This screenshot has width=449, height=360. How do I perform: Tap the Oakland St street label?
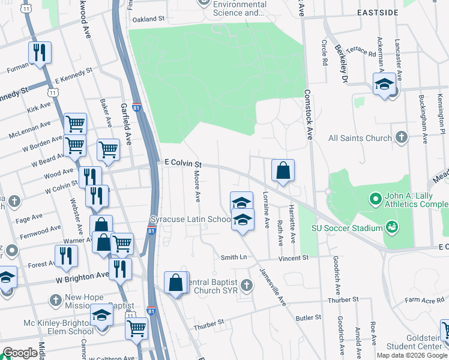click(x=148, y=19)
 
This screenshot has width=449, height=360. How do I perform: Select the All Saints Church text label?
click(x=360, y=138)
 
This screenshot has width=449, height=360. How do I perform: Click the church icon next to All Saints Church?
click(x=402, y=138)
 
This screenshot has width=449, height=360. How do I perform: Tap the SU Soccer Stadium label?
click(x=347, y=227)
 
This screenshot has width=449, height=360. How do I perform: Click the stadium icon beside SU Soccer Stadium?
click(x=392, y=227)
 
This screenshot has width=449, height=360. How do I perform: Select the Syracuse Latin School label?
click(x=190, y=220)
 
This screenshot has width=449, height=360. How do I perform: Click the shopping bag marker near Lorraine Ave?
click(x=283, y=170)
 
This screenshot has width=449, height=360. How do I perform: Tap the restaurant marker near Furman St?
click(x=40, y=53)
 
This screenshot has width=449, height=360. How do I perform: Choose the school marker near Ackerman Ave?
click(x=384, y=84)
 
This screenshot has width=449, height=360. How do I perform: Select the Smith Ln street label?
click(x=234, y=257)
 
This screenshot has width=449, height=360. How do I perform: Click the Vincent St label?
click(x=293, y=257)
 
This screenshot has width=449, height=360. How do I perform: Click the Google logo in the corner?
click(x=20, y=353)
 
